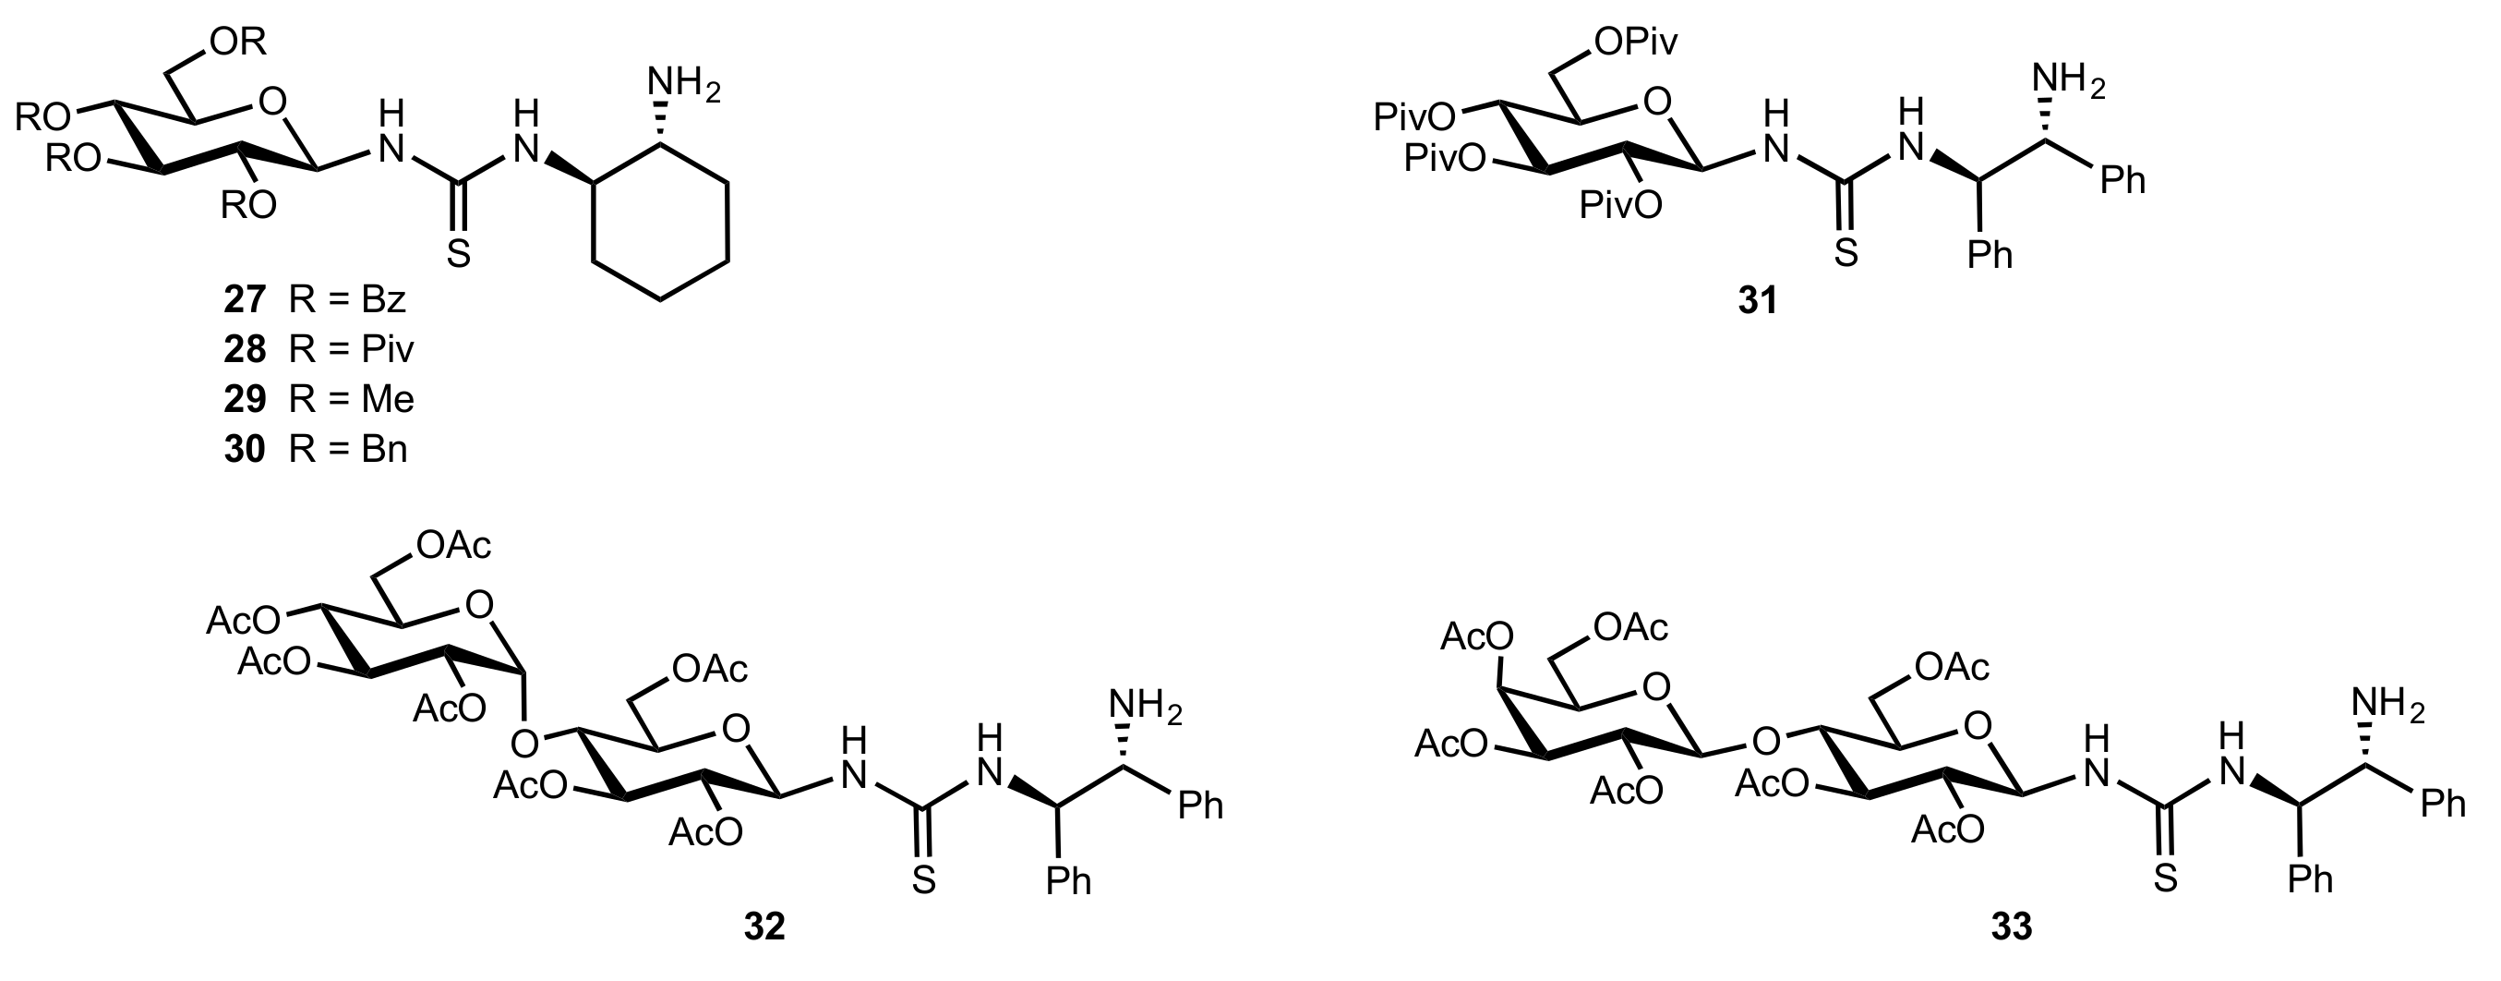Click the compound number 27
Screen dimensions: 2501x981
245,300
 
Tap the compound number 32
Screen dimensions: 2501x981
765,927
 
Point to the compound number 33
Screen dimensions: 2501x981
2011,927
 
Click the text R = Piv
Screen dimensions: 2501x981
352,350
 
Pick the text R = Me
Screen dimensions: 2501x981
352,400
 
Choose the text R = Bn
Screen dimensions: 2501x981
347,451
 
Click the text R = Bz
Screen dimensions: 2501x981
346,300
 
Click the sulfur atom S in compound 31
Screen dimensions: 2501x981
1846,253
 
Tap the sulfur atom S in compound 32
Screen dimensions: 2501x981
923,880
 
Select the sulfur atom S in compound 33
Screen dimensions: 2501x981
2165,879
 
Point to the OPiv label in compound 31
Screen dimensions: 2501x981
1635,42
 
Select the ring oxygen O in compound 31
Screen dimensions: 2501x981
1658,101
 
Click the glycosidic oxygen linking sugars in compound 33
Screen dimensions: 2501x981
1766,742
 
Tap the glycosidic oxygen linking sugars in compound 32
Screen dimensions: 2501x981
525,744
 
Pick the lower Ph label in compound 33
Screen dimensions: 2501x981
2310,880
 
